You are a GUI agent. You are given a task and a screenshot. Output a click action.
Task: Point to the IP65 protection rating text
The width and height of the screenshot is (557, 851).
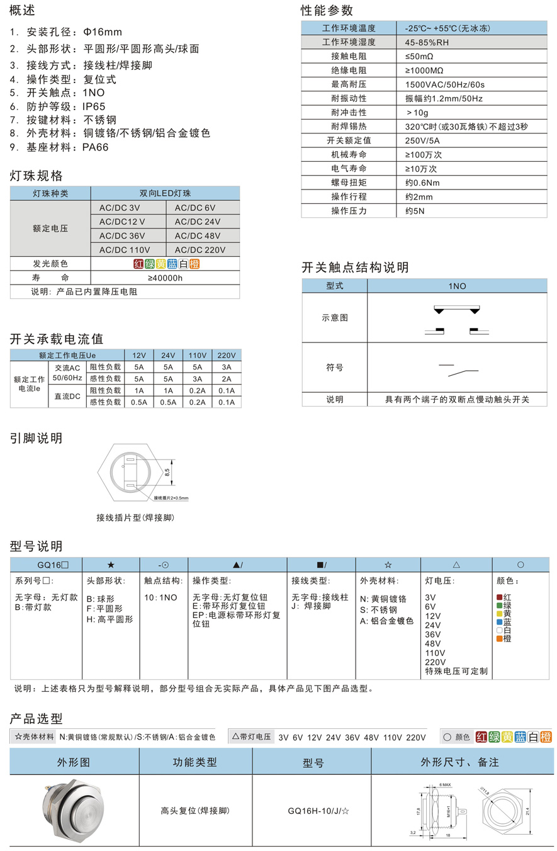click(93, 106)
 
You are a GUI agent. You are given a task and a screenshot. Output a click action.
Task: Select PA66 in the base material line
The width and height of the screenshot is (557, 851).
click(96, 147)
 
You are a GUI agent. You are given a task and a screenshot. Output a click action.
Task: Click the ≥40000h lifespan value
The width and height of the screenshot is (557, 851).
click(165, 278)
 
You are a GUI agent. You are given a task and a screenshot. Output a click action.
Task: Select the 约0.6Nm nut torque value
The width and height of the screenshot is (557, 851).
click(422, 183)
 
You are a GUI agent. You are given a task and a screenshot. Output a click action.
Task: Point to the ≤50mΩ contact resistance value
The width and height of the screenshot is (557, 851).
click(419, 57)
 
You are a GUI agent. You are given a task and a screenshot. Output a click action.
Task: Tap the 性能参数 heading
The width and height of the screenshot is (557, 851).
click(327, 11)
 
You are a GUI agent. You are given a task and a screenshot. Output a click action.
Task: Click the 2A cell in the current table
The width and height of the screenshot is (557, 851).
click(227, 379)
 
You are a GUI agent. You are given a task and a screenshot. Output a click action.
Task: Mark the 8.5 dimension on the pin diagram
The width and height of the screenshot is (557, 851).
click(167, 471)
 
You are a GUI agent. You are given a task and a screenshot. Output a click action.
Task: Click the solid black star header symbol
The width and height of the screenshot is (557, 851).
click(111, 565)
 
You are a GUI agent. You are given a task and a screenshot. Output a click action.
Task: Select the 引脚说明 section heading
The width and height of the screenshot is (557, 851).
click(36, 439)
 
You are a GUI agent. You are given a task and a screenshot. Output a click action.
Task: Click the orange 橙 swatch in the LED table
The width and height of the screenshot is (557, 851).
click(194, 264)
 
